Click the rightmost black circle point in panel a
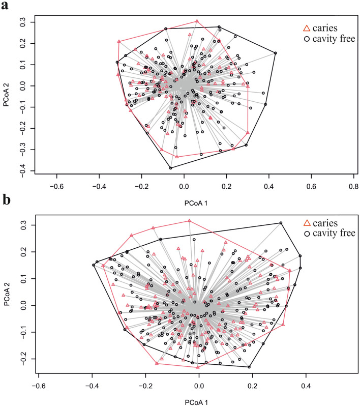(275, 53)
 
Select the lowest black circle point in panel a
(171, 168)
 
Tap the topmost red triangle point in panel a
(197, 21)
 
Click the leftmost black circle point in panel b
(94, 265)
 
